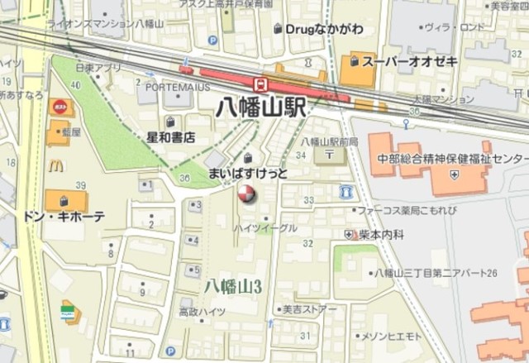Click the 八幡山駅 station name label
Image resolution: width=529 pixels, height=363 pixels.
click(x=260, y=107)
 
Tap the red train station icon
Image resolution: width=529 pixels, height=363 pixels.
click(x=260, y=84)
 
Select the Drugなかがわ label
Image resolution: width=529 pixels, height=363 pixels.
click(x=323, y=29)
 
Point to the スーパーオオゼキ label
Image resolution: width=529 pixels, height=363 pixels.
click(x=399, y=61)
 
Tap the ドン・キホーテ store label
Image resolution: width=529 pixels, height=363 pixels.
click(x=64, y=217)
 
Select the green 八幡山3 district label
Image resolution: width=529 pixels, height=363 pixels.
click(x=233, y=286)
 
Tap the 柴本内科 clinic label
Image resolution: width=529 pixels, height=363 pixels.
click(x=381, y=235)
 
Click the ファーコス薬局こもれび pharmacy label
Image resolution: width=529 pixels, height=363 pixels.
click(x=405, y=210)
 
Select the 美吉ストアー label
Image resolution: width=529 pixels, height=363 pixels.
click(x=308, y=310)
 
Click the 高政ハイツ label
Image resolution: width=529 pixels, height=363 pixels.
click(x=202, y=312)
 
